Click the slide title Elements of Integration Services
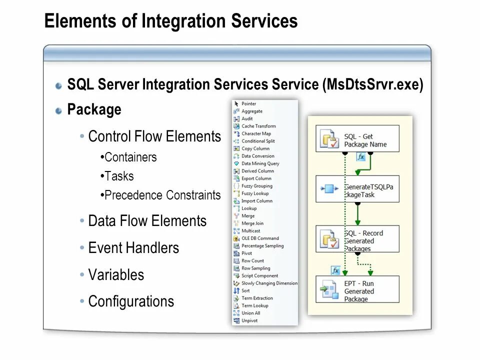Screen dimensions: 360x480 click(x=170, y=21)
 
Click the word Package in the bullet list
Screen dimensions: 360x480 click(x=94, y=109)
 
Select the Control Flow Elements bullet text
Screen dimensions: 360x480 click(x=154, y=136)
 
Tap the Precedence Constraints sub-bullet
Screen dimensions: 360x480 click(x=162, y=195)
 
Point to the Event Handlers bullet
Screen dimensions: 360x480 click(x=133, y=248)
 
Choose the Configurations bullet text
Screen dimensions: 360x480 click(x=131, y=301)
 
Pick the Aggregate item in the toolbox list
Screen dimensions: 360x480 click(x=251, y=111)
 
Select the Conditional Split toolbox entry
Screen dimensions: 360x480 click(x=258, y=141)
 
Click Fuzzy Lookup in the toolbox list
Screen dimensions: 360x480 click(x=255, y=193)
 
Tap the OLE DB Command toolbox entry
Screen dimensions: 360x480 click(x=260, y=238)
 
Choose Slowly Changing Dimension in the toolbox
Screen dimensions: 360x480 click(x=269, y=283)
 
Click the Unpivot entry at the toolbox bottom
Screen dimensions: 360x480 click(x=249, y=320)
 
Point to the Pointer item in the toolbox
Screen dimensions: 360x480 click(x=248, y=103)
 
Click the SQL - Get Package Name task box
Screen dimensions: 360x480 click(x=357, y=138)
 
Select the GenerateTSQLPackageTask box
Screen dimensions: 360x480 click(x=357, y=188)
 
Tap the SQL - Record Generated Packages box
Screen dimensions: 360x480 click(x=357, y=238)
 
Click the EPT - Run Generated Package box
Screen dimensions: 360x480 click(x=357, y=288)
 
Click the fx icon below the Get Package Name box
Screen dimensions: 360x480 click(x=361, y=157)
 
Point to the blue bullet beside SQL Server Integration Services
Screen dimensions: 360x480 click(x=59, y=85)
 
